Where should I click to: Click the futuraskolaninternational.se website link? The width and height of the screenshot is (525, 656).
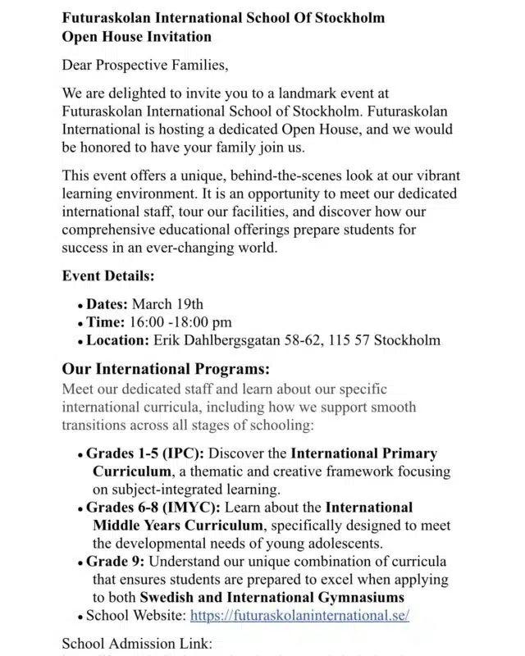(x=299, y=615)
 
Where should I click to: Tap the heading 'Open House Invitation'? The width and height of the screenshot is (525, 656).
(x=136, y=36)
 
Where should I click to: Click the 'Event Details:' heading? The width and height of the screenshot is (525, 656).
(x=108, y=276)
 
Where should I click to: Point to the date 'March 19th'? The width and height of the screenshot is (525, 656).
(x=167, y=304)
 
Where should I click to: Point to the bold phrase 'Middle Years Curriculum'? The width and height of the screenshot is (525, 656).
(x=178, y=526)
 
